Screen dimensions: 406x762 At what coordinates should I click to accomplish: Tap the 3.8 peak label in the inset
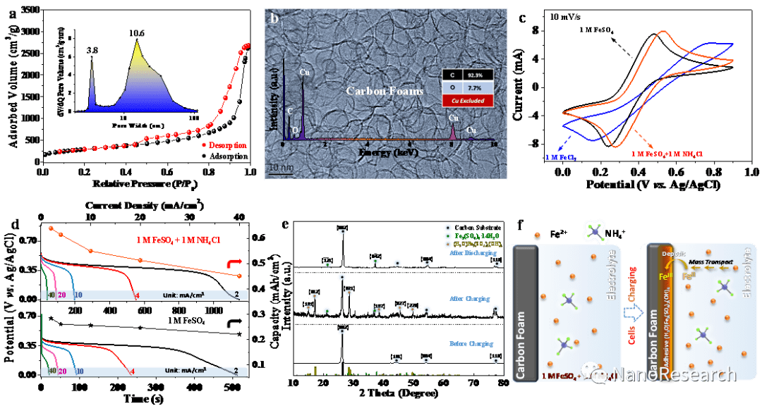tap(92, 51)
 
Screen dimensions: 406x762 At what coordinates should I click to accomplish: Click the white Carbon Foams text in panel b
tap(375, 91)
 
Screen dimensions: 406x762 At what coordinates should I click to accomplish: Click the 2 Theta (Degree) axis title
tap(398, 393)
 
